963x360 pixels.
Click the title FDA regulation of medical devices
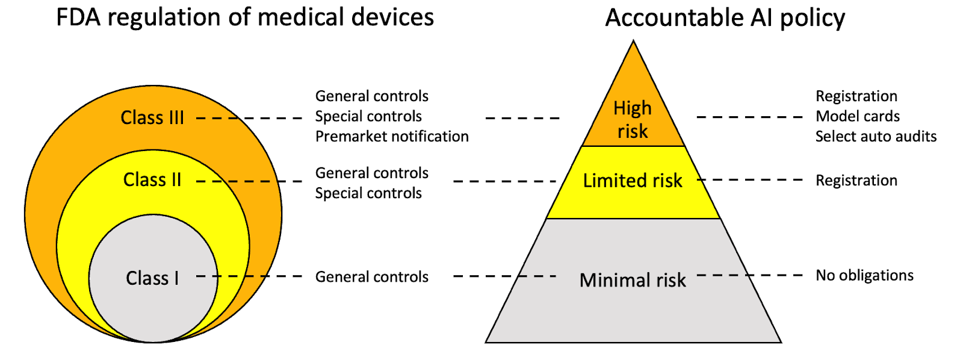point(245,17)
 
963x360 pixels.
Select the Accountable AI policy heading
point(725,18)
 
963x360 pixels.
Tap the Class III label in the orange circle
point(152,117)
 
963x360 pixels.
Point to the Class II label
point(152,179)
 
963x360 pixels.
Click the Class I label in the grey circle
point(152,278)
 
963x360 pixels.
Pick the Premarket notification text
point(392,137)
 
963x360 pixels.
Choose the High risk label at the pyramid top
point(633,119)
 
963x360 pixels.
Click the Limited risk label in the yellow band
point(633,181)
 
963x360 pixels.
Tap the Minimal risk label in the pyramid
point(633,280)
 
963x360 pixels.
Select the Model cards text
point(858,116)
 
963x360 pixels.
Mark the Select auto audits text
point(876,137)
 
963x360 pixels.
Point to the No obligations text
point(864,276)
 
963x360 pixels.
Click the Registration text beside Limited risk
point(856,181)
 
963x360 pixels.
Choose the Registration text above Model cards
point(856,96)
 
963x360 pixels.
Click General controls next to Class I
point(372,277)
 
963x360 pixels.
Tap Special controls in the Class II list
point(368,193)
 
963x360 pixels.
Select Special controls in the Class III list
point(368,116)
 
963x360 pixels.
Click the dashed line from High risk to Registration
point(749,117)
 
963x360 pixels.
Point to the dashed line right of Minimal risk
point(749,275)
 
